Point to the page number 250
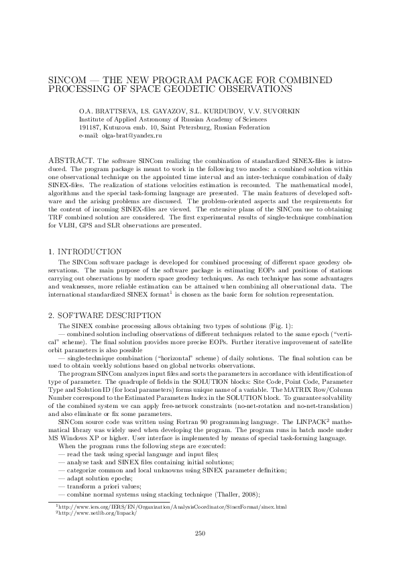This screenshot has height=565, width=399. pyautogui.click(x=199, y=533)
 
